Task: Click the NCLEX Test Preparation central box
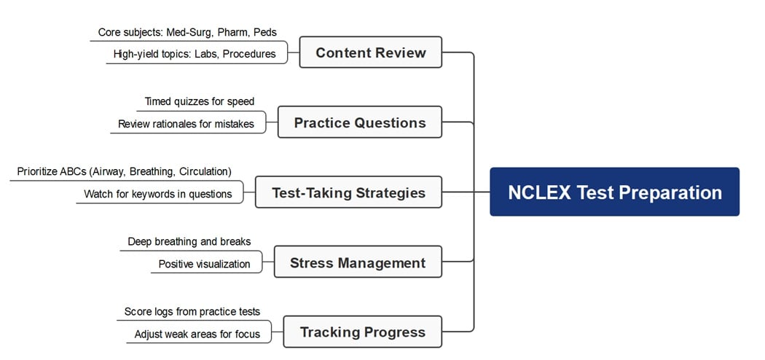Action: point(614,192)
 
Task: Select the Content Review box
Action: point(370,52)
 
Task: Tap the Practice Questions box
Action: point(360,122)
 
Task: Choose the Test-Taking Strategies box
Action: point(348,192)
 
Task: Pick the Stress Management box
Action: point(358,262)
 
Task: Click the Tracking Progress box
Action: point(362,332)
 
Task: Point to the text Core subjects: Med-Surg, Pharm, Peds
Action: point(187,33)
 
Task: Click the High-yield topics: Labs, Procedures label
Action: point(195,54)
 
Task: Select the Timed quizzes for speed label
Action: point(199,101)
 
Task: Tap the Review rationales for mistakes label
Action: point(186,124)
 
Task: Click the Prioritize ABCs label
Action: point(124,171)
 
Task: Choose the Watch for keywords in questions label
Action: point(158,194)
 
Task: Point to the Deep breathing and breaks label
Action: point(189,241)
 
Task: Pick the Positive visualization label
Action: point(204,264)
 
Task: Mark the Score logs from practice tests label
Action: point(192,311)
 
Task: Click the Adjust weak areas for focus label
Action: point(197,334)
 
